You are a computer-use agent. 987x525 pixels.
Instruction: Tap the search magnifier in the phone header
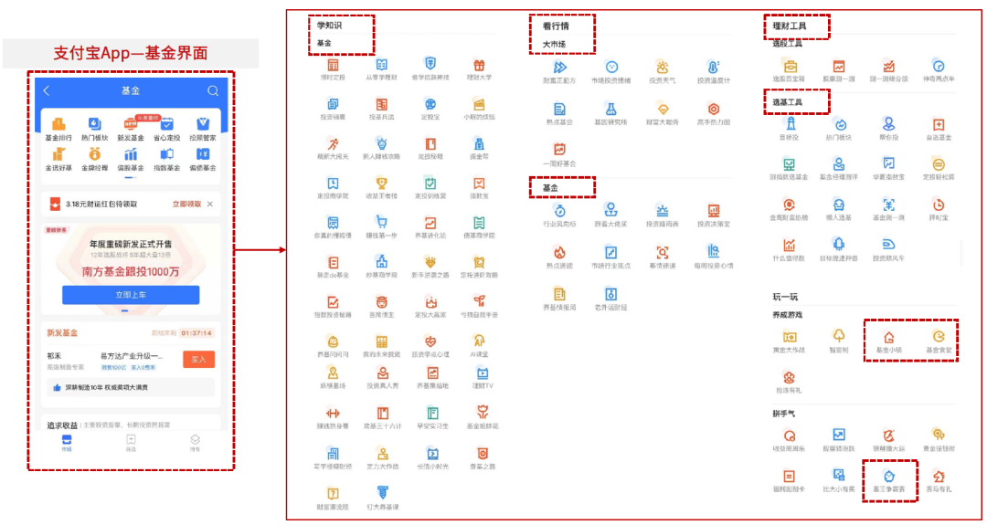coord(213,90)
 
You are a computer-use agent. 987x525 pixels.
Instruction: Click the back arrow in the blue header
coord(48,90)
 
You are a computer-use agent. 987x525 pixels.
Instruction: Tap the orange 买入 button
coord(198,360)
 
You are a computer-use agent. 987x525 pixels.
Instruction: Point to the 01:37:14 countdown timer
coord(196,333)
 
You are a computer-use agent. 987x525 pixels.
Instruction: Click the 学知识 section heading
coord(327,25)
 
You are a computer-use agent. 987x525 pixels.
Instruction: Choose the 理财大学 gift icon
coord(479,66)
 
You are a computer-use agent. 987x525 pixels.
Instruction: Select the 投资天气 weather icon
coord(663,68)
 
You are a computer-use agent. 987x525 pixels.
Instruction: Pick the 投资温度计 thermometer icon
coord(714,68)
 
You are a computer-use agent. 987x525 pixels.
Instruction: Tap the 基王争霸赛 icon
coord(888,476)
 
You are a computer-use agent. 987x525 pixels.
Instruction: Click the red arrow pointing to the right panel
coord(260,248)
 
